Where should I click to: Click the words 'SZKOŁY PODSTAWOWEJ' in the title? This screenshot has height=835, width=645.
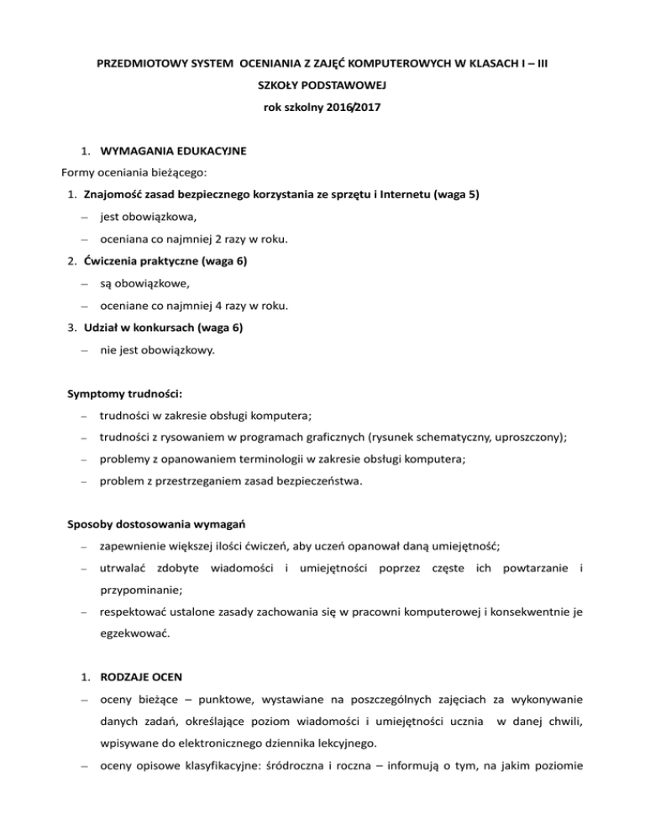pos(322,86)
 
